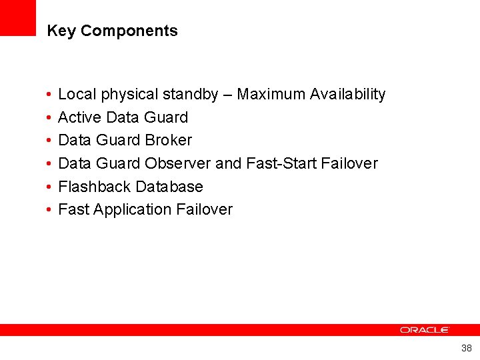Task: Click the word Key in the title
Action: click(x=61, y=31)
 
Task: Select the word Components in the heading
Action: click(x=129, y=31)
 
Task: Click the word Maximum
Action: click(x=271, y=95)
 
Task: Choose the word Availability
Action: click(x=347, y=95)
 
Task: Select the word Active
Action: click(x=80, y=117)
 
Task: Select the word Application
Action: click(x=133, y=209)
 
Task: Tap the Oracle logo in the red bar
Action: click(x=425, y=330)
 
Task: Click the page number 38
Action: click(x=466, y=348)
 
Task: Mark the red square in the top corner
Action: click(x=17, y=17)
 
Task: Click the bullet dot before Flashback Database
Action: click(x=50, y=187)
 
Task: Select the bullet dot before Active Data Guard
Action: click(x=50, y=118)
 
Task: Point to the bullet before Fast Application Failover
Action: click(x=50, y=210)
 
